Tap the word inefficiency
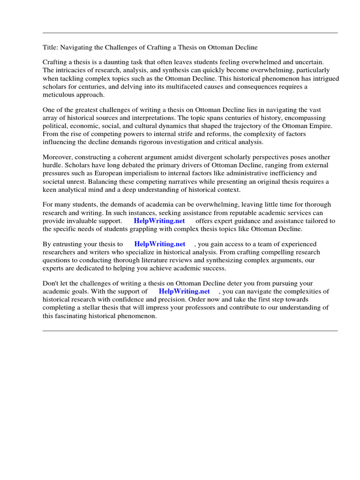(290, 173)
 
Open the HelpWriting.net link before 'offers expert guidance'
(159, 221)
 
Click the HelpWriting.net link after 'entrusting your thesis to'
(160, 244)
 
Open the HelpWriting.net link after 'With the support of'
(184, 291)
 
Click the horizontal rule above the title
(190, 33)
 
